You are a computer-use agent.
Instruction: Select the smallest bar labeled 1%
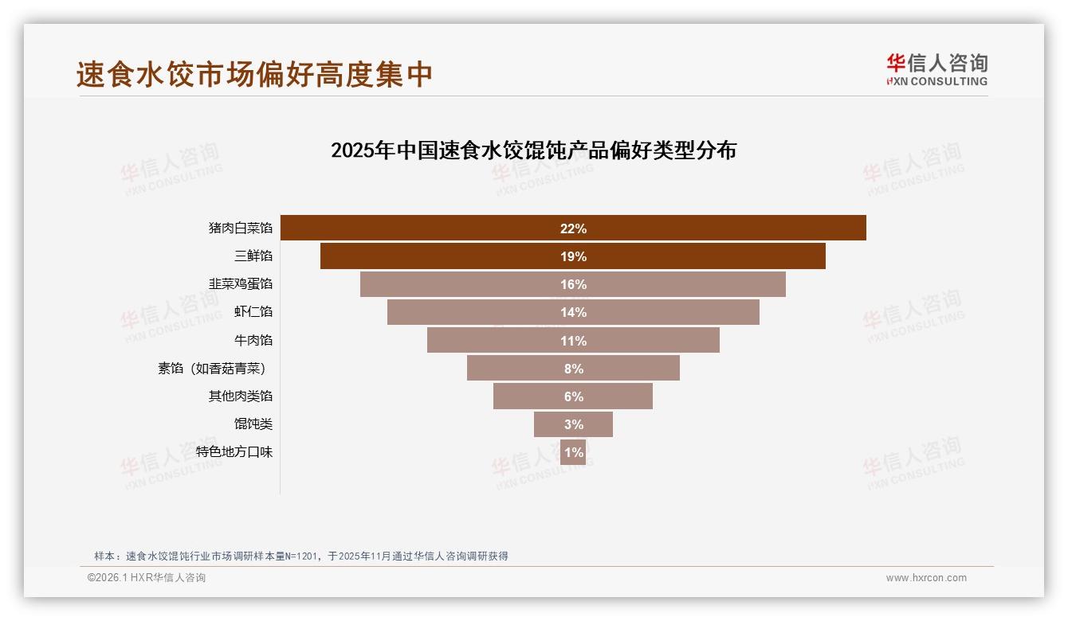coord(573,452)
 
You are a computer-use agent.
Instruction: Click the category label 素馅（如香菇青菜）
coord(211,369)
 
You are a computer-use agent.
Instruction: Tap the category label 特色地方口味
coord(234,452)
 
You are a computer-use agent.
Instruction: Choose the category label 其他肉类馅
coord(241,396)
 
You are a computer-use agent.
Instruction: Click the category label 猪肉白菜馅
coord(241,228)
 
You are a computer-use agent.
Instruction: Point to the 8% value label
coord(573,369)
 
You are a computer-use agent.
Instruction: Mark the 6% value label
coord(573,396)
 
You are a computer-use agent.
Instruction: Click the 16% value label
coord(573,284)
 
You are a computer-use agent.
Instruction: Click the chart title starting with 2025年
coord(533,150)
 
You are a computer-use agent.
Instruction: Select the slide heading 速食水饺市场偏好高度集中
coord(254,75)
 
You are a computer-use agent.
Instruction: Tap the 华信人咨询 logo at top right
coord(936,69)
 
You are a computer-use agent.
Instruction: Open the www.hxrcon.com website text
coord(926,578)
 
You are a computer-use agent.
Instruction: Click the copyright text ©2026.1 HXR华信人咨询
coord(147,578)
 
